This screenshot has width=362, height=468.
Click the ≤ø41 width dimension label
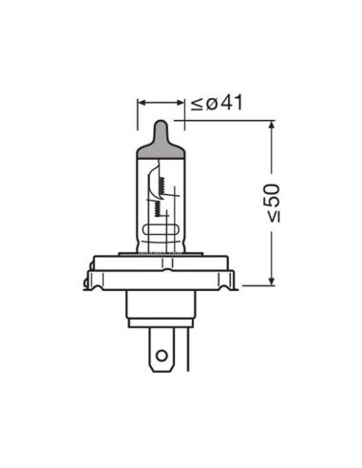(217, 102)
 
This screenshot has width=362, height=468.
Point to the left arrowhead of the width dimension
(142, 101)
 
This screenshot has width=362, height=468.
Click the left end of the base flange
(90, 278)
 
